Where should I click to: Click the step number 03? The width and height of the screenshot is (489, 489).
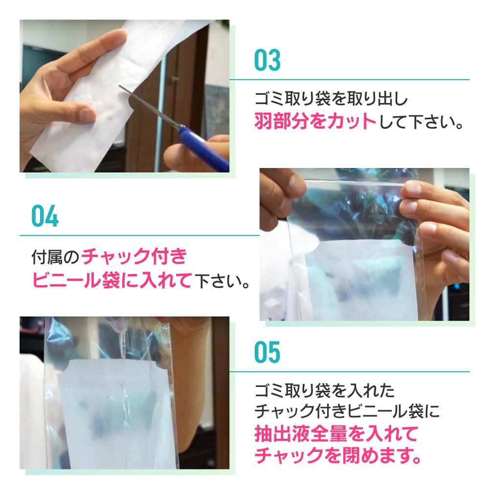pyautogui.click(x=267, y=60)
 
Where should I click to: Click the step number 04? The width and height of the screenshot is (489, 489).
pyautogui.click(x=45, y=216)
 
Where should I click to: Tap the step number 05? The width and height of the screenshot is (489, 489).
pyautogui.click(x=267, y=353)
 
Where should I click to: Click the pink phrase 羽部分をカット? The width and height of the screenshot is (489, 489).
pyautogui.click(x=315, y=121)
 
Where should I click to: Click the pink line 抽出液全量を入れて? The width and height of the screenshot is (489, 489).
pyautogui.click(x=336, y=433)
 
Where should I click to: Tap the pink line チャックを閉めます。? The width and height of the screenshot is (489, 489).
pyautogui.click(x=338, y=456)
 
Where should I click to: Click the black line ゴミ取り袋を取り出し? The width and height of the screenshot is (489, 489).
pyautogui.click(x=331, y=99)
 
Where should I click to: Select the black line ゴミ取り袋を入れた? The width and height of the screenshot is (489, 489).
pyautogui.click(x=325, y=391)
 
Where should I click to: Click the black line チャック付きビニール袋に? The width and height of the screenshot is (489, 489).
pyautogui.click(x=347, y=411)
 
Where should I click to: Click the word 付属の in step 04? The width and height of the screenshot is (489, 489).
pyautogui.click(x=55, y=257)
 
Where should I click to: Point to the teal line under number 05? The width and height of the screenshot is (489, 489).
pyautogui.click(x=350, y=372)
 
